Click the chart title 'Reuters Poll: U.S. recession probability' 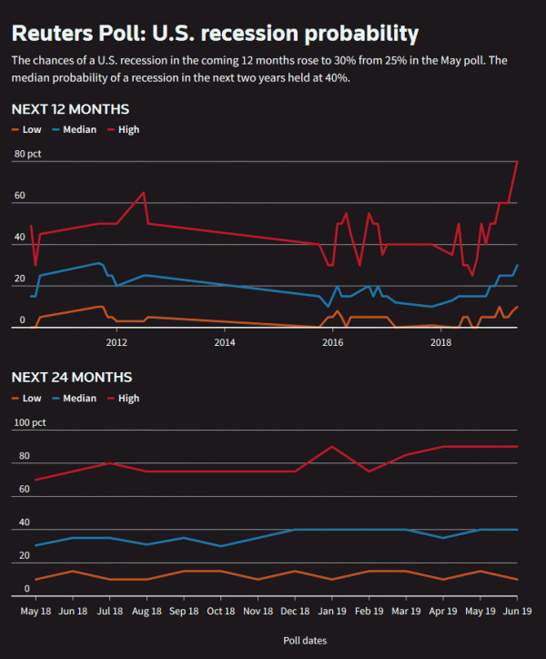pyautogui.click(x=215, y=34)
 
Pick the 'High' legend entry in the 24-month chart pyautogui.click(x=128, y=398)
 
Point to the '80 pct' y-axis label pyautogui.click(x=28, y=154)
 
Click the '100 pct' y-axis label pyautogui.click(x=30, y=423)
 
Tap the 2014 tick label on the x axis pyautogui.click(x=225, y=342)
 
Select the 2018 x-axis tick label pyautogui.click(x=441, y=342)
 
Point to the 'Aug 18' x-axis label pyautogui.click(x=147, y=611)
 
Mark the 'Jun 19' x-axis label pyautogui.click(x=518, y=611)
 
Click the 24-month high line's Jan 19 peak pyautogui.click(x=332, y=447)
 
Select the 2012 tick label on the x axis pyautogui.click(x=116, y=342)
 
